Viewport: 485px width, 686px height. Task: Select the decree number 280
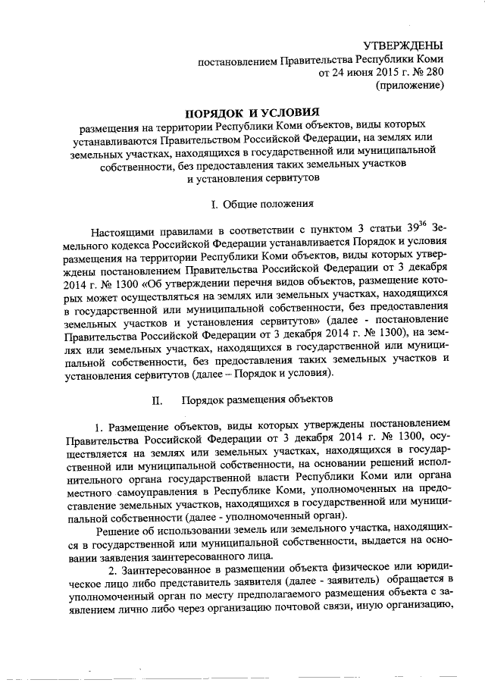click(433, 73)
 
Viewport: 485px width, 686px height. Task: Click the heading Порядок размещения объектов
click(264, 399)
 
